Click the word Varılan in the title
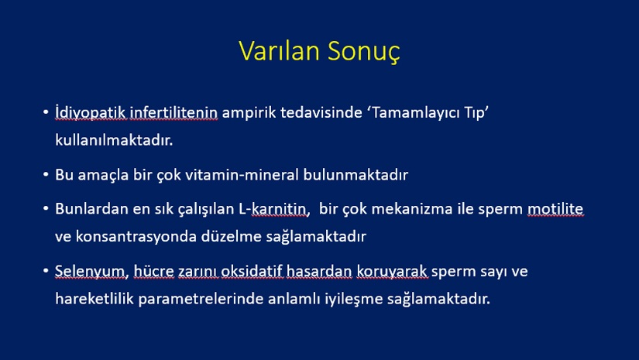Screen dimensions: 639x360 (279, 50)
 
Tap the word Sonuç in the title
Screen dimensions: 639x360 (363, 52)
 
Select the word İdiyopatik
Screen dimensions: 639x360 (91, 112)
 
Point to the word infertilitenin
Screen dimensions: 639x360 (173, 112)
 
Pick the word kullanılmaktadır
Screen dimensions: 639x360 (114, 140)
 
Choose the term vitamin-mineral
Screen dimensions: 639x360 (242, 175)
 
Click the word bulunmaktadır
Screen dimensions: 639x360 (356, 175)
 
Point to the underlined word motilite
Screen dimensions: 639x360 (555, 209)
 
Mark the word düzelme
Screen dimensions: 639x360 (231, 237)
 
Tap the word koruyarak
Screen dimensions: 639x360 (392, 272)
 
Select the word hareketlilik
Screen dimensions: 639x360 (94, 299)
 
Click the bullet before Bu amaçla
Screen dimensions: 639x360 (46, 174)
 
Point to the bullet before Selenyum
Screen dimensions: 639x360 (46, 271)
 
